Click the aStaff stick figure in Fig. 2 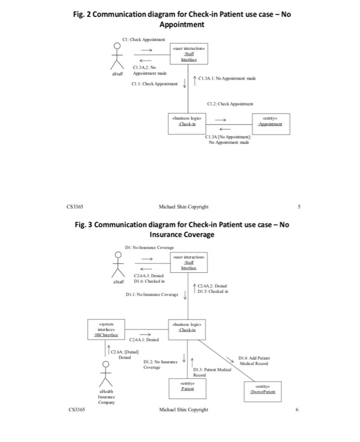(116, 56)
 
